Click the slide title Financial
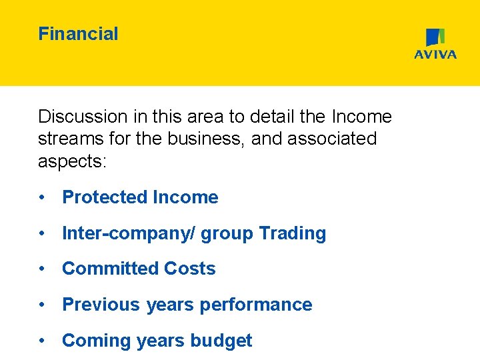pos(78,34)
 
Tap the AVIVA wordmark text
pos(435,55)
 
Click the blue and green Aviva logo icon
pos(435,37)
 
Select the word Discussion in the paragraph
pos(82,117)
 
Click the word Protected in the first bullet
pos(105,197)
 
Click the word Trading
pos(292,233)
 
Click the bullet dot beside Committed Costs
pos(42,269)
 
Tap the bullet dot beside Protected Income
pos(42,197)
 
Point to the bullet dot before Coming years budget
pos(42,341)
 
